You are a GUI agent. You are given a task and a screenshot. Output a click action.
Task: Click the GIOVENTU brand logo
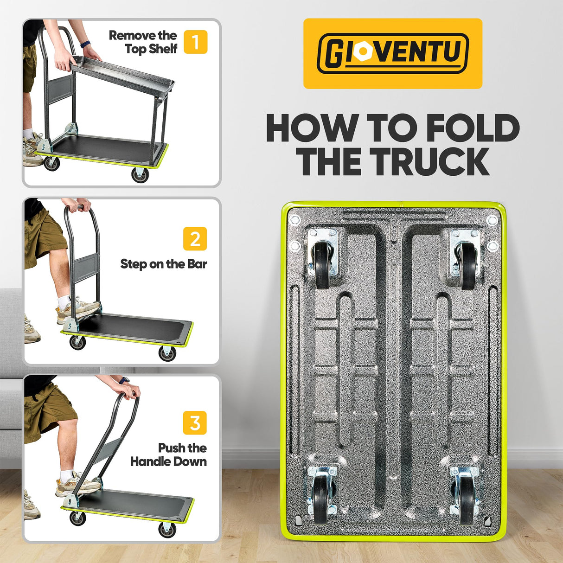click(x=392, y=53)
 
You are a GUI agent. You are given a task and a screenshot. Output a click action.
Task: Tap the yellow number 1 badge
click(x=195, y=42)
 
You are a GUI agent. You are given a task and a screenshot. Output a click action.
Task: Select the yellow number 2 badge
click(x=195, y=239)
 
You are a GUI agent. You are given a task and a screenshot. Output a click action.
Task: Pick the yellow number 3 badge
click(x=195, y=423)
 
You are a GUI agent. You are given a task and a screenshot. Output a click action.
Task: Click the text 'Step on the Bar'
click(x=163, y=264)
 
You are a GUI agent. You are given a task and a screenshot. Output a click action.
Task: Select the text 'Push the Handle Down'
click(x=169, y=454)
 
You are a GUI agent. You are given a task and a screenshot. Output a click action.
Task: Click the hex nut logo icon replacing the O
click(x=360, y=53)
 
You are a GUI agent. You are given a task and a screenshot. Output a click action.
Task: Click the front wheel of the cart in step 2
click(x=167, y=353)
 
